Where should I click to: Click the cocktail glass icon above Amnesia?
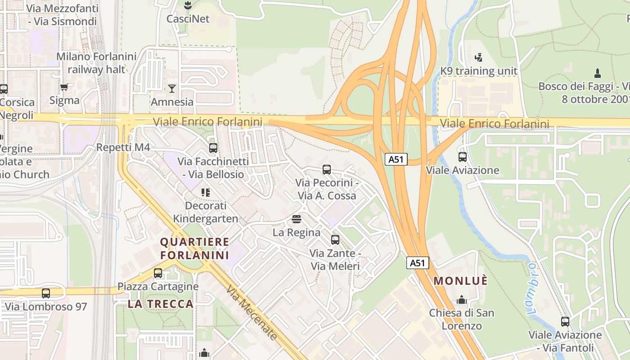(x=171, y=88)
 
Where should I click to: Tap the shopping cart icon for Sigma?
(x=64, y=87)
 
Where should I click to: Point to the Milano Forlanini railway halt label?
(x=96, y=63)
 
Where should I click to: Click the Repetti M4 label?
(x=123, y=148)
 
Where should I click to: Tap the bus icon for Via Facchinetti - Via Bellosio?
(x=213, y=148)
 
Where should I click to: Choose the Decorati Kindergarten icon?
(x=206, y=193)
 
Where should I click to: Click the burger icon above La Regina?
(x=296, y=219)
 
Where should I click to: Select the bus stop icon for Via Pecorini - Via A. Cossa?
(x=327, y=170)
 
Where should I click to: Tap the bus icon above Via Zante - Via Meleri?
(x=335, y=240)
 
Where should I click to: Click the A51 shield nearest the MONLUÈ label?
(x=418, y=263)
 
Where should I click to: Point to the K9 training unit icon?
(x=478, y=58)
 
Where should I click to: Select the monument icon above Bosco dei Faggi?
(x=598, y=73)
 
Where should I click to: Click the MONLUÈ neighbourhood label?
(x=460, y=281)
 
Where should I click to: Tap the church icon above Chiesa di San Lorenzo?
(x=461, y=300)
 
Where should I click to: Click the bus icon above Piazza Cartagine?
(x=158, y=273)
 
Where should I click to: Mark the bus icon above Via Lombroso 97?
(x=46, y=293)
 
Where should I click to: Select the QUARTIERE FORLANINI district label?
(x=194, y=248)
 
